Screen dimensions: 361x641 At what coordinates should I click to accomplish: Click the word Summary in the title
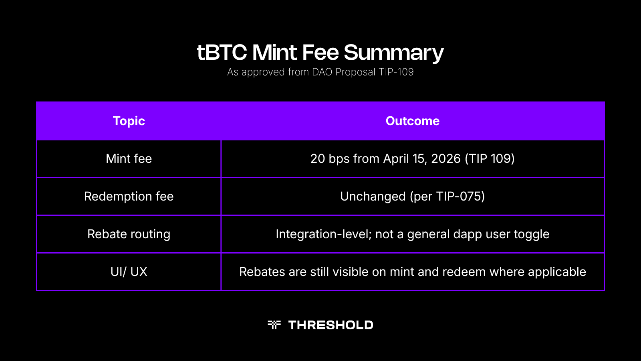393,53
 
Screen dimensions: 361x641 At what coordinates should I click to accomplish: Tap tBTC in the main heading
222,53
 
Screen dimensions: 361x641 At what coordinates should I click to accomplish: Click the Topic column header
129,121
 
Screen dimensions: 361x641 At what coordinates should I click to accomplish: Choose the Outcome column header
412,121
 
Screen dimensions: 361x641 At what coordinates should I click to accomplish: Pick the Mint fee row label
129,158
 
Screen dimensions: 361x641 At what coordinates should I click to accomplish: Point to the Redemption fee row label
129,196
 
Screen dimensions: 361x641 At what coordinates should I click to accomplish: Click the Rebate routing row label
129,234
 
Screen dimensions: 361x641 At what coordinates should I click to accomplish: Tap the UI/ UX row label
129,272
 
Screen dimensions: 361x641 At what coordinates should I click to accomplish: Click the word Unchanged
373,196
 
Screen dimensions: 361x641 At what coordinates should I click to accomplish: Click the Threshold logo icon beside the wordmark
274,324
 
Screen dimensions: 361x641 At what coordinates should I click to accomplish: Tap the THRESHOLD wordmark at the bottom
331,325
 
